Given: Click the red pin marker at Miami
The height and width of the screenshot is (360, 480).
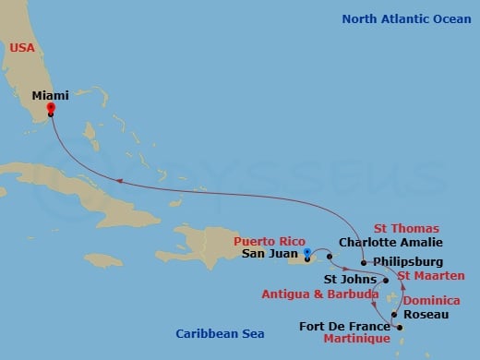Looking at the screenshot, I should coord(51,108).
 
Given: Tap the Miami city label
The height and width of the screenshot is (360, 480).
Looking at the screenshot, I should coord(50,94).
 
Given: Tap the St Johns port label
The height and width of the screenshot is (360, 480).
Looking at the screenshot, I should coord(350,279).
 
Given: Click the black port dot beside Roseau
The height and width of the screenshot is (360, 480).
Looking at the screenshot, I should coord(395,316).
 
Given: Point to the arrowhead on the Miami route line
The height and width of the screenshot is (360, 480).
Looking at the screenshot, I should coord(117,180).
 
